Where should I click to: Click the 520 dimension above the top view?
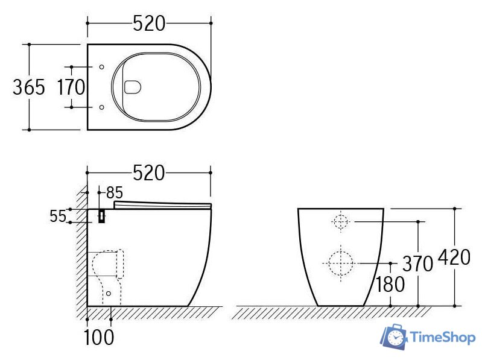[149, 24]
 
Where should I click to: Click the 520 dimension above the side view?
[149, 173]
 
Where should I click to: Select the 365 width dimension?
[29, 87]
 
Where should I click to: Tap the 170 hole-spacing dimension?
[71, 87]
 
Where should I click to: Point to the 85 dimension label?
[115, 193]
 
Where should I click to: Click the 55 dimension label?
[58, 216]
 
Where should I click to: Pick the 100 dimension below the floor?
[99, 337]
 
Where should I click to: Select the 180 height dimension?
[390, 285]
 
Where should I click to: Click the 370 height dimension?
[417, 264]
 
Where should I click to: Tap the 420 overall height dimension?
[454, 257]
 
